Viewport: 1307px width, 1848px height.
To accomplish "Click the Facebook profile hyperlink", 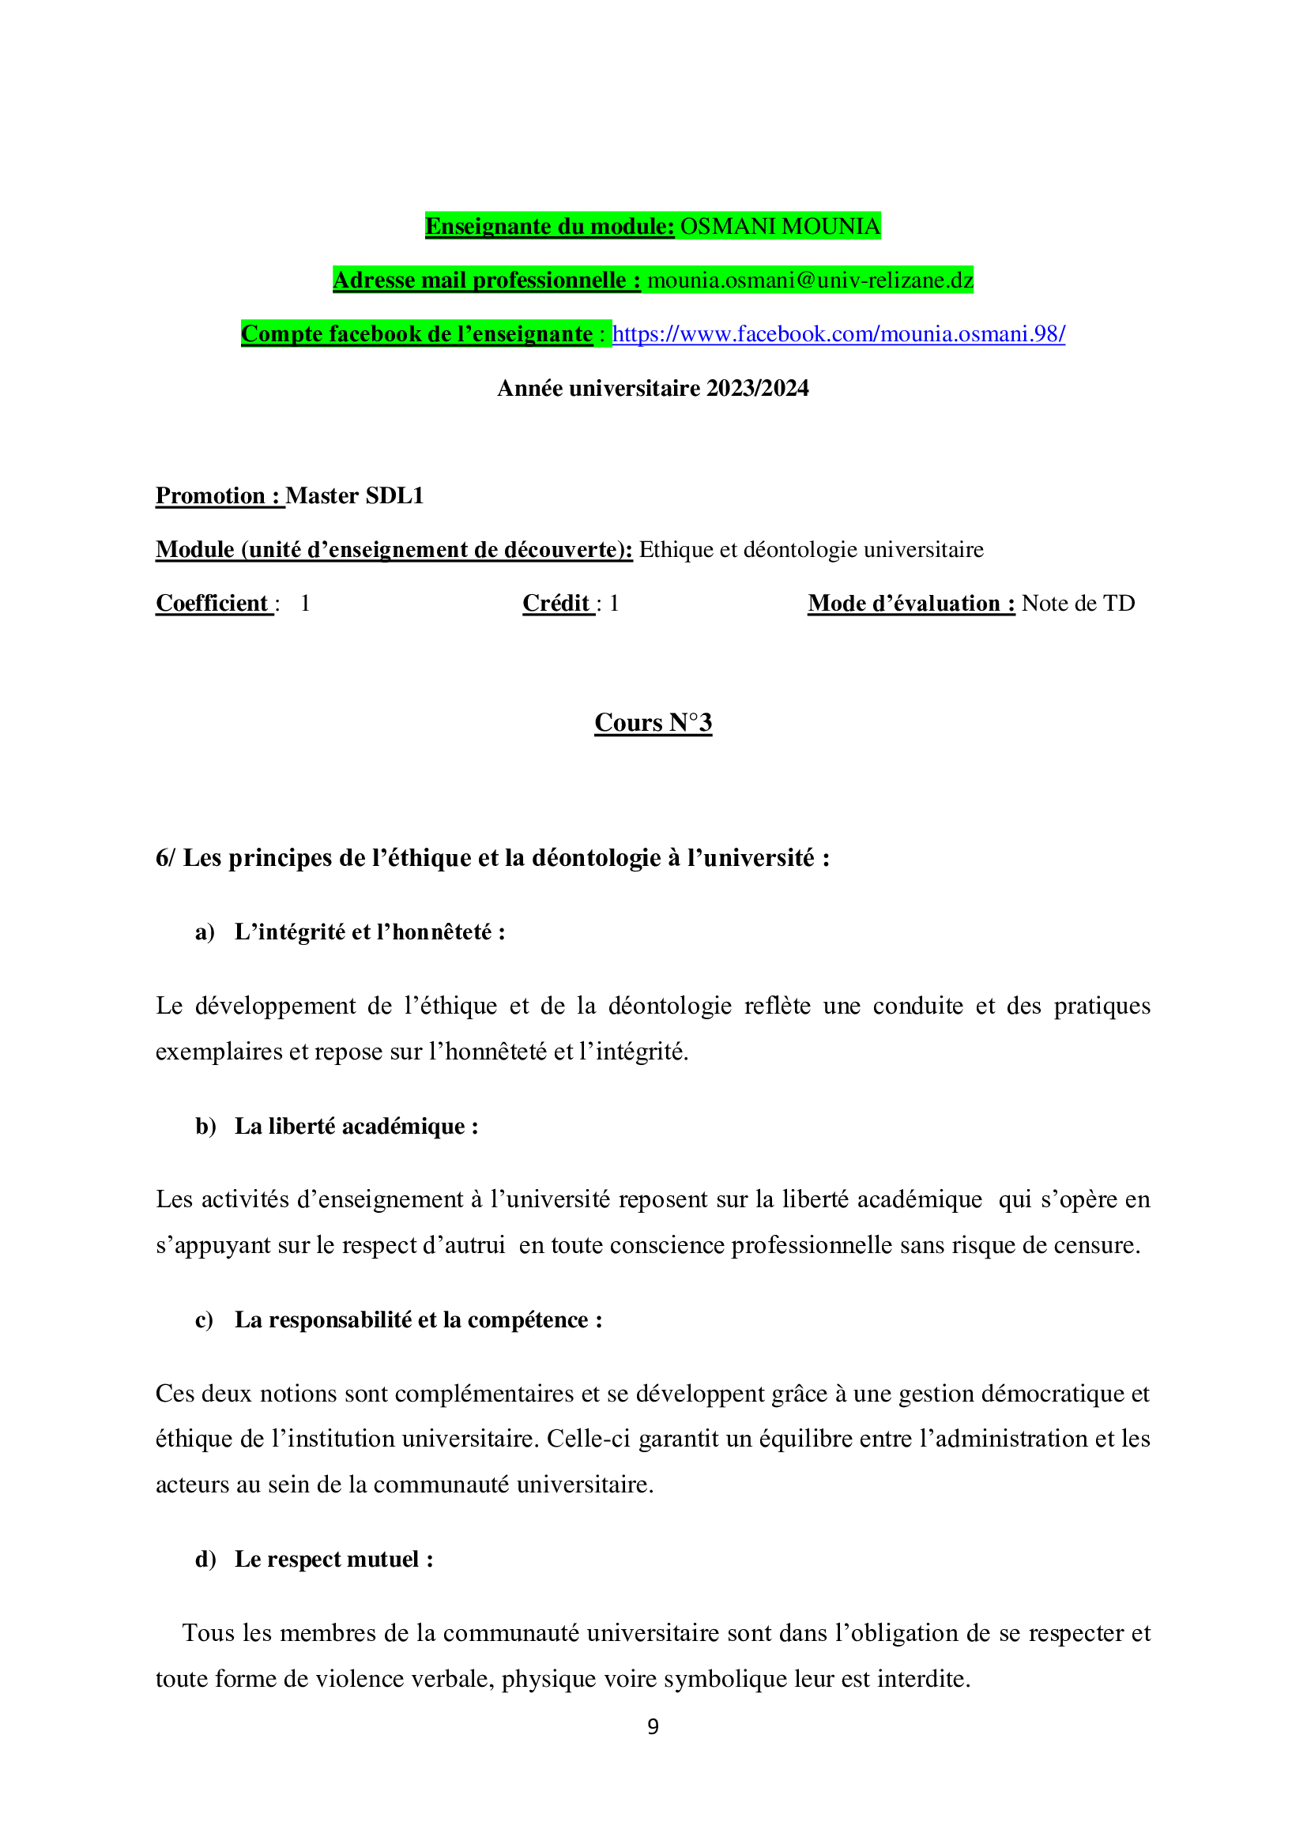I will point(838,334).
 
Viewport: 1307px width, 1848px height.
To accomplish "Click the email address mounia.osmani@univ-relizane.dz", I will point(811,280).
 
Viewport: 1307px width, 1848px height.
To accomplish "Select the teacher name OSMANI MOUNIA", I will point(780,226).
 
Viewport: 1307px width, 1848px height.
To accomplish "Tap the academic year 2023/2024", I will point(756,388).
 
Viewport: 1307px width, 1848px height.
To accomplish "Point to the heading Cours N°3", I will point(653,723).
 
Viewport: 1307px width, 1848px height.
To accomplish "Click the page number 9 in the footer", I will point(653,1726).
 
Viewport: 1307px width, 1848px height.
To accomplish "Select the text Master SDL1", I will point(354,496).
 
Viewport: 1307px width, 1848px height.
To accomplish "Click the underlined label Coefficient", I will point(213,604).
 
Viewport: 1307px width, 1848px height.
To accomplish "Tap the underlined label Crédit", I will point(557,604).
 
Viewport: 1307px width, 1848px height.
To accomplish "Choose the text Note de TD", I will point(1078,604).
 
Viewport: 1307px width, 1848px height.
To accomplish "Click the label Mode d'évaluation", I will point(911,604).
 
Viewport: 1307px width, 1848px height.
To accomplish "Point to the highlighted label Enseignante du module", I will point(550,226).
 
